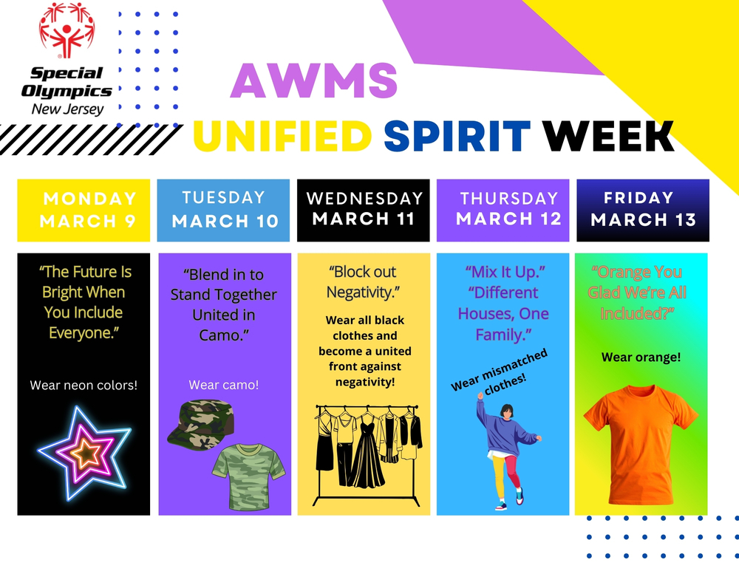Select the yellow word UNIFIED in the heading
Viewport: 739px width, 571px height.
(x=282, y=135)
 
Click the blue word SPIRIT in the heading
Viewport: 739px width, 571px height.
(x=457, y=135)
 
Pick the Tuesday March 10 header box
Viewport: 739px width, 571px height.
(x=223, y=210)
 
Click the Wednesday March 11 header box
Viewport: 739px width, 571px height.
(x=363, y=210)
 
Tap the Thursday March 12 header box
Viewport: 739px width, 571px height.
(x=503, y=210)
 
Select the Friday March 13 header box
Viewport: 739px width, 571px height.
(x=642, y=210)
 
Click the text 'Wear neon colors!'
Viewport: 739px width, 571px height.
(x=84, y=385)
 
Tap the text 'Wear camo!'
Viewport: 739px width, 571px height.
(x=223, y=385)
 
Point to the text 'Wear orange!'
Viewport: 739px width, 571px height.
(x=641, y=358)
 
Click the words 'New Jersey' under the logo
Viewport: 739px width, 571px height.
(x=67, y=109)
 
